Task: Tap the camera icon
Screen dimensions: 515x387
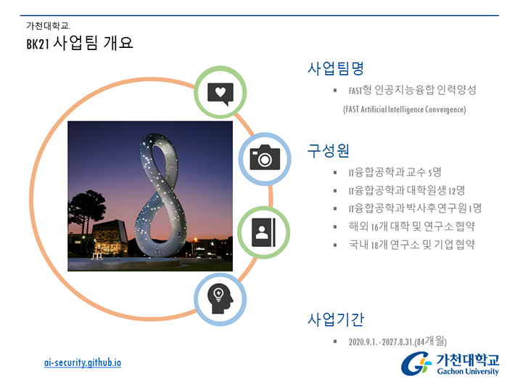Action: coord(265,157)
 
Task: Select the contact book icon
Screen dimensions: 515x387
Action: coord(263,232)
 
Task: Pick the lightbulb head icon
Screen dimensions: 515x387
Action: coord(220,298)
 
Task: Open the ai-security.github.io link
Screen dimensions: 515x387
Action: coord(83,362)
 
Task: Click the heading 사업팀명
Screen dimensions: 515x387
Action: coord(336,68)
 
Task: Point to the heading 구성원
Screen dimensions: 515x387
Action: coord(328,151)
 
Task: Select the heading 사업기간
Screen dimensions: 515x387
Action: coord(336,319)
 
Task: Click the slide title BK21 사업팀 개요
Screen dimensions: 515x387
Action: coord(80,43)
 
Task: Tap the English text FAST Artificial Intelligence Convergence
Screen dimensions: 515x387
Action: coord(404,109)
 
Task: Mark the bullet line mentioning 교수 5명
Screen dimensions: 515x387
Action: coord(395,172)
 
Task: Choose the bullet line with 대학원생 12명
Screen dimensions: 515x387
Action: coord(407,190)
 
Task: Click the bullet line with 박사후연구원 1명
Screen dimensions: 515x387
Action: coord(415,208)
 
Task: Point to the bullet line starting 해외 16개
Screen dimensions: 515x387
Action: coord(412,227)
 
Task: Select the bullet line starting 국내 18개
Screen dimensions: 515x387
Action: coord(412,244)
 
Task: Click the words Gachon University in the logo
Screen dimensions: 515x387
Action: coord(468,371)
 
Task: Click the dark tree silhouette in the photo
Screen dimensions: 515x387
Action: coord(86,211)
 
